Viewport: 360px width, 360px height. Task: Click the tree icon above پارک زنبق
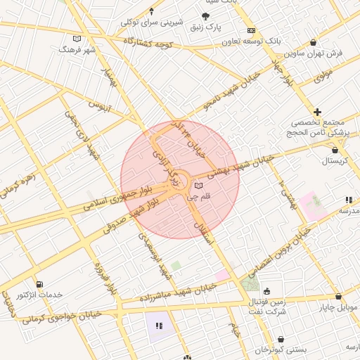(x=205, y=16)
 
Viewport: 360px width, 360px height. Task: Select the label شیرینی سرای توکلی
(x=153, y=21)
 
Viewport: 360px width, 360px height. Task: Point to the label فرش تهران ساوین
(x=314, y=53)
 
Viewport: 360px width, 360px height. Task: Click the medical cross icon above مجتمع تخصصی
(x=318, y=112)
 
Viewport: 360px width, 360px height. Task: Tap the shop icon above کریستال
(x=335, y=150)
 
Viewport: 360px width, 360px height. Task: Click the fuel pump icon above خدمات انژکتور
(x=38, y=284)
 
